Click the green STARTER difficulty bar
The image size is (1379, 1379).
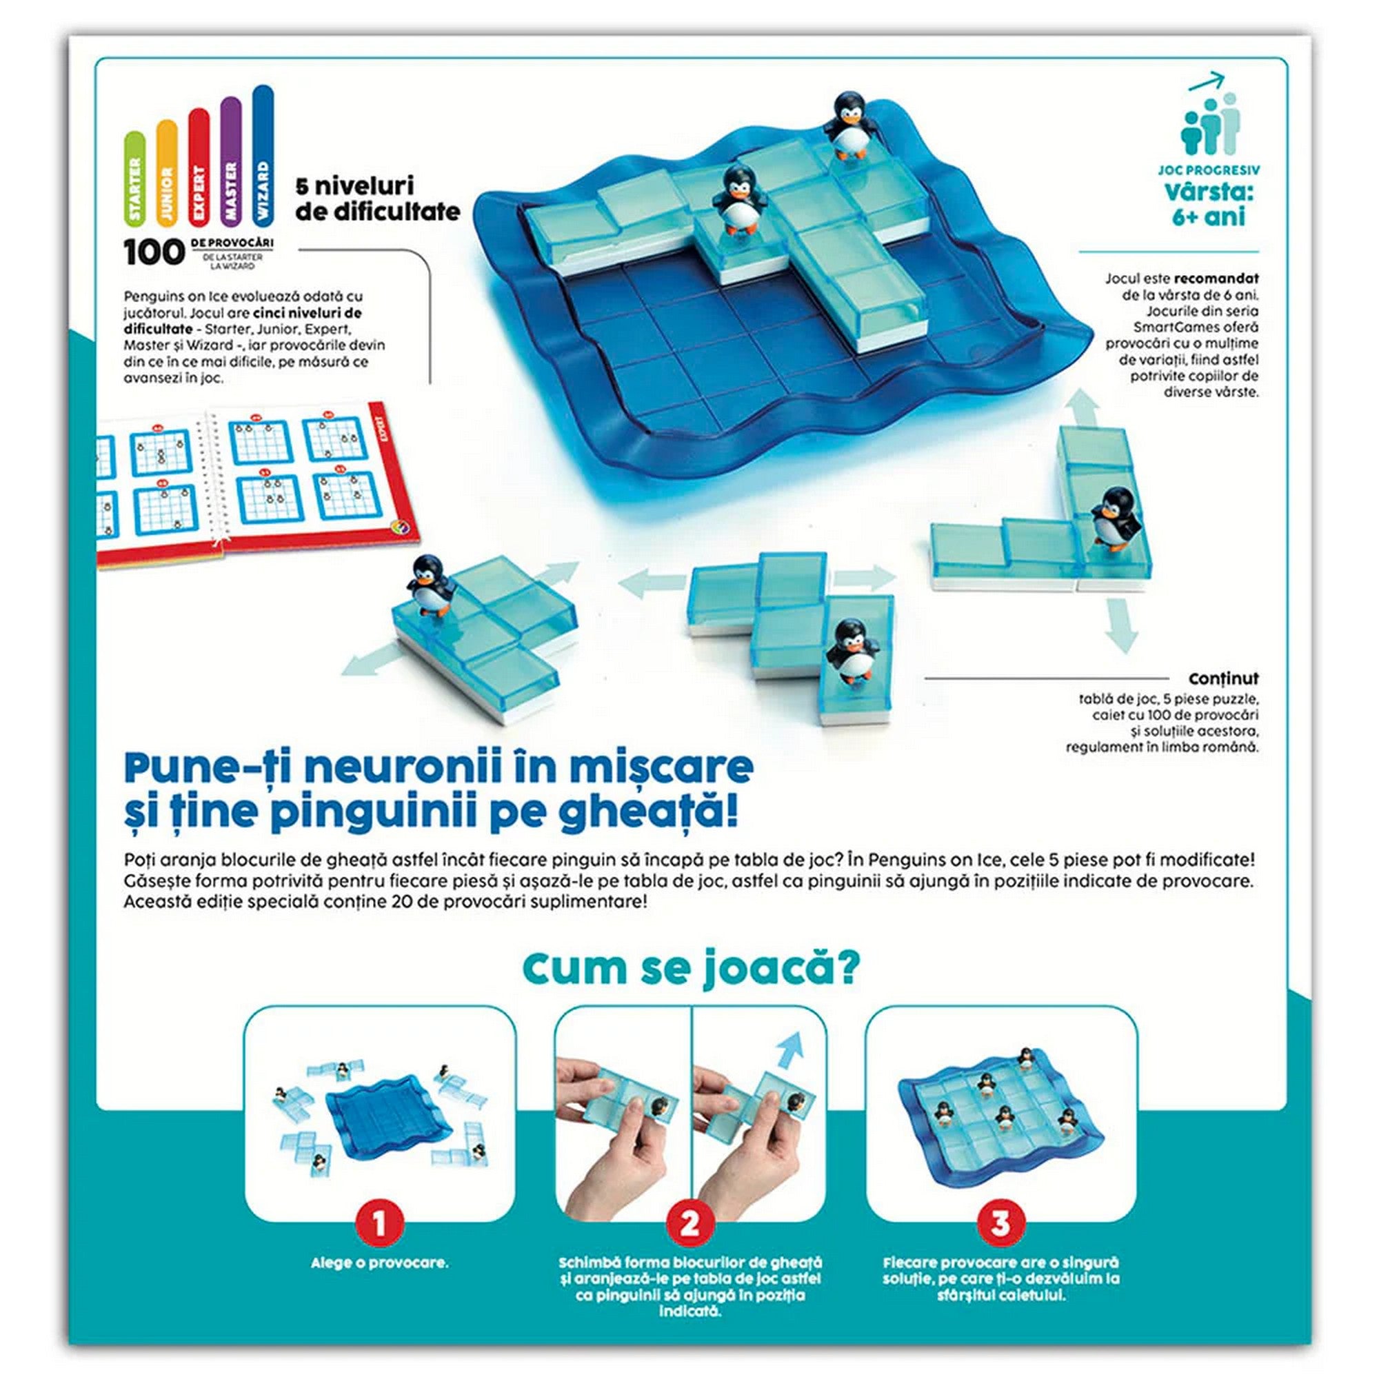pyautogui.click(x=135, y=177)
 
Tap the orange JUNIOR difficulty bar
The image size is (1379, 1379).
pyautogui.click(x=167, y=170)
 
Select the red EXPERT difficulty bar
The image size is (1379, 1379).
pyautogui.click(x=199, y=165)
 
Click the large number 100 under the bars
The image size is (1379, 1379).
pyautogui.click(x=154, y=252)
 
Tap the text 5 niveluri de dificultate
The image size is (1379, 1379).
pyautogui.click(x=378, y=199)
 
